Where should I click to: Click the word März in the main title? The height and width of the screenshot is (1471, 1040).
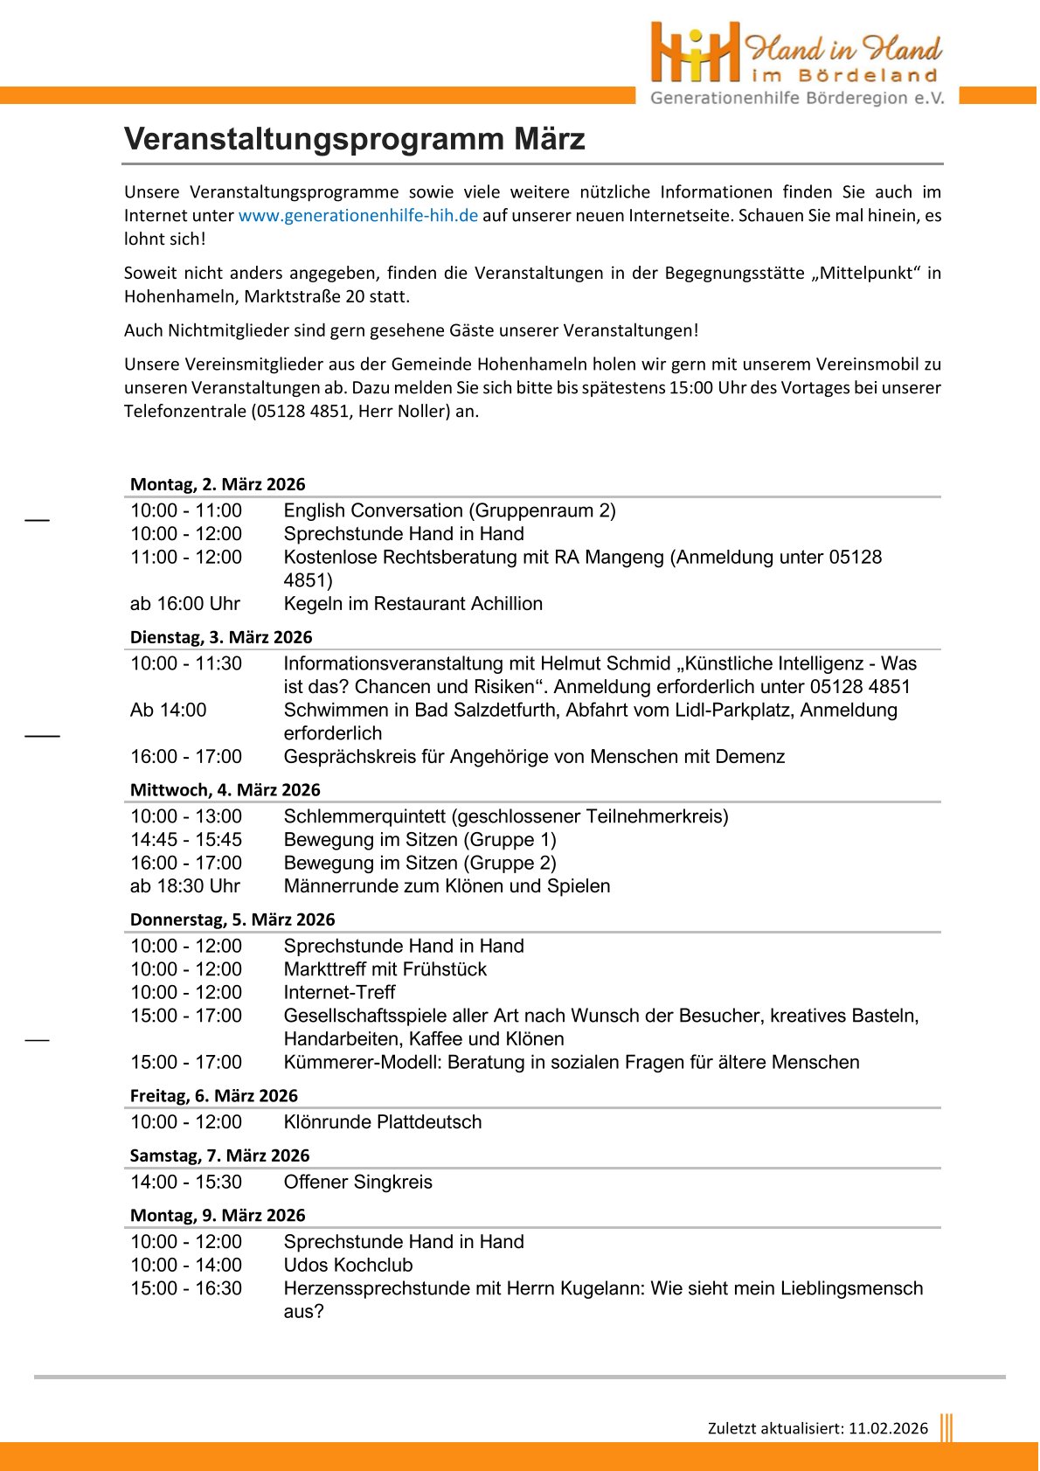549,139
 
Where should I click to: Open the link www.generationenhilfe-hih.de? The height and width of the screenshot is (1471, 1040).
357,216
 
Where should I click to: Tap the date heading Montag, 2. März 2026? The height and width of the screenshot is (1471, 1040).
218,484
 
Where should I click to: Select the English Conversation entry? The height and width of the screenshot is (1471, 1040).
449,510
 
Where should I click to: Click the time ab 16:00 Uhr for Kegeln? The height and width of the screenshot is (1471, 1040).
185,604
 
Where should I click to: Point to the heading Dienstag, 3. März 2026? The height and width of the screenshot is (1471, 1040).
221,637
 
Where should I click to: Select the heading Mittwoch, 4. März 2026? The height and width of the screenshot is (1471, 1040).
225,790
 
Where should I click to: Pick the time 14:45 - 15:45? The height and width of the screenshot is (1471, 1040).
186,840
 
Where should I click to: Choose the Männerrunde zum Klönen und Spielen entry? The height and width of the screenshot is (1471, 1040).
447,886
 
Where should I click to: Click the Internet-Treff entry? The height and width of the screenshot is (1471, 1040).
339,993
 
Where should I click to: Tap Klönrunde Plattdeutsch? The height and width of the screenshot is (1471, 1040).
383,1122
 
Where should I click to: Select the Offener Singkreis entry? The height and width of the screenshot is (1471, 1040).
358,1183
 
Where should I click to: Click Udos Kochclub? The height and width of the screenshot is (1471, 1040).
348,1266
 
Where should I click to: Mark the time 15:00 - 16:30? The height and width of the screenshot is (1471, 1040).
186,1288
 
